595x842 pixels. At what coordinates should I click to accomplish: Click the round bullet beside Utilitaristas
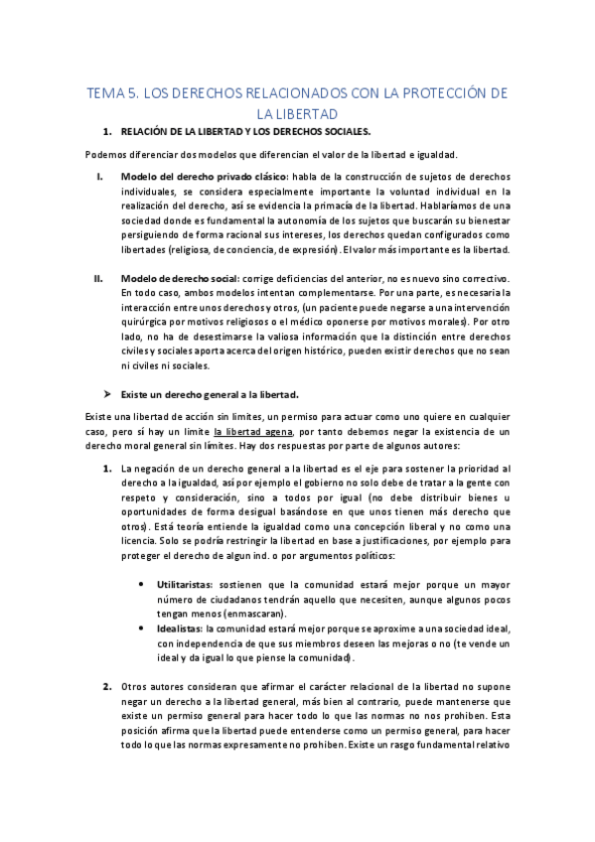point(145,587)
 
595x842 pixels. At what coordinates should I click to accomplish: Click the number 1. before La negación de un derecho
point(106,470)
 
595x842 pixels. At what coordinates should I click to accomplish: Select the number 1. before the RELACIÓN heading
point(106,132)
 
